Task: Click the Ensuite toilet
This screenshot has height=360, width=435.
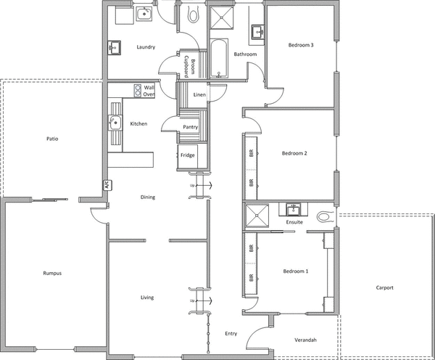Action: coord(323,216)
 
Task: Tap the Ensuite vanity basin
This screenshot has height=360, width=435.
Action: coord(294,209)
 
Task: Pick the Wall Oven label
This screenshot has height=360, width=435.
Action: coord(149,90)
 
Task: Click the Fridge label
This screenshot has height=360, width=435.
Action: coord(187,155)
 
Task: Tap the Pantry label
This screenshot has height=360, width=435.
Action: coord(191,127)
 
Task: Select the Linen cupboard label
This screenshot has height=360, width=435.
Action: coord(199,94)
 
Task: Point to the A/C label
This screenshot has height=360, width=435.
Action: coord(105,184)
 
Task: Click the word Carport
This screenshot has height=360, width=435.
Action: coord(384,288)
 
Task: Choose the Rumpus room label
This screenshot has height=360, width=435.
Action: coord(51,274)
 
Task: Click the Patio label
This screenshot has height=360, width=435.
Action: coord(51,138)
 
